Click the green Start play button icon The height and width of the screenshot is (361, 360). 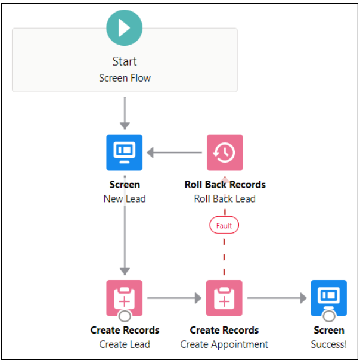click(125, 27)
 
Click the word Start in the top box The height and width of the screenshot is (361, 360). click(125, 61)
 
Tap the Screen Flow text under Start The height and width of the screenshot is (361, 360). click(125, 78)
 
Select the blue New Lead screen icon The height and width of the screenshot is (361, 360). click(125, 153)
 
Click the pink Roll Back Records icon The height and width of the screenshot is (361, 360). click(225, 153)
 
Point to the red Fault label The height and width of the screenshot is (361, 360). click(225, 226)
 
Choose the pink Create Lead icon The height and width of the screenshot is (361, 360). click(125, 298)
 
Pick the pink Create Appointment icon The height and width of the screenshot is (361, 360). click(225, 298)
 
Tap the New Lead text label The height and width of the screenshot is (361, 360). click(125, 198)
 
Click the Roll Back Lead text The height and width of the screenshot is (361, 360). click(225, 198)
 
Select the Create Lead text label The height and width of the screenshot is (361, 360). click(125, 344)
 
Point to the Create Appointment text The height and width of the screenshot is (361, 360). click(225, 344)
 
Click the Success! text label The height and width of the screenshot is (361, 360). click(328, 344)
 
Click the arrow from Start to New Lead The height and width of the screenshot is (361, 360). click(125, 113)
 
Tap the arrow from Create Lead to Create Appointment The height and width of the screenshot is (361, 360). click(175, 298)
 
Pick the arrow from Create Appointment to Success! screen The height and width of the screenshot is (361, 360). click(277, 298)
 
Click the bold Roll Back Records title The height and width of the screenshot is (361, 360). click(225, 185)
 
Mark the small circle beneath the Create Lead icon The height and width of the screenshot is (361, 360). click(125, 316)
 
